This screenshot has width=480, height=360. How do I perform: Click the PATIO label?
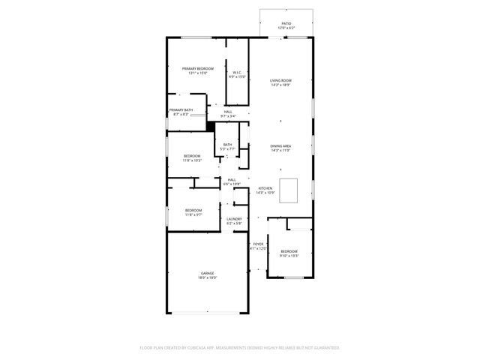coord(286,23)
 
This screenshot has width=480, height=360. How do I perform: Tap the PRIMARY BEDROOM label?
coord(198,68)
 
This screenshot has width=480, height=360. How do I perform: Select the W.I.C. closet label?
coord(237,72)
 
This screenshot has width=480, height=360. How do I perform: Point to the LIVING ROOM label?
coord(280,80)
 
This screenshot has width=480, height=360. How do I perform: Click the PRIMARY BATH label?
coord(181,109)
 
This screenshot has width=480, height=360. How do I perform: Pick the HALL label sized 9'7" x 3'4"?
coord(228,112)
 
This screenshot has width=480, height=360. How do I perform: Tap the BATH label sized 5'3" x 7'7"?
coord(227,145)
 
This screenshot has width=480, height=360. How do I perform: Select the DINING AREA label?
coord(280,146)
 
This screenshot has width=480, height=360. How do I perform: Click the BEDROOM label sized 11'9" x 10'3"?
coord(193,156)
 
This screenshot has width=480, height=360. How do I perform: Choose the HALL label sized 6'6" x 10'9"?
coord(232,179)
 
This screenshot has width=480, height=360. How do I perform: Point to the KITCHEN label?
coord(265,188)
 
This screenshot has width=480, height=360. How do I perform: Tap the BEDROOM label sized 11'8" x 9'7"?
coord(193,210)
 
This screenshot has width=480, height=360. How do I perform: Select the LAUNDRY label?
coord(235,218)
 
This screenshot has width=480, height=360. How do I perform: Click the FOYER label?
coord(258,244)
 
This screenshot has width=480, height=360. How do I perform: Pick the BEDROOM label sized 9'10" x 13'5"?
coord(289,251)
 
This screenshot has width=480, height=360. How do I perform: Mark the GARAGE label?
coord(207,273)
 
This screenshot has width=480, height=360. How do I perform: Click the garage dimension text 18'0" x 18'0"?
coord(207,278)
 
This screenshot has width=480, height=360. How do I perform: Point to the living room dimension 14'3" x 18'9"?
coord(280,85)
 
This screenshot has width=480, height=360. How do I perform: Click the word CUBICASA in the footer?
coord(197,348)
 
